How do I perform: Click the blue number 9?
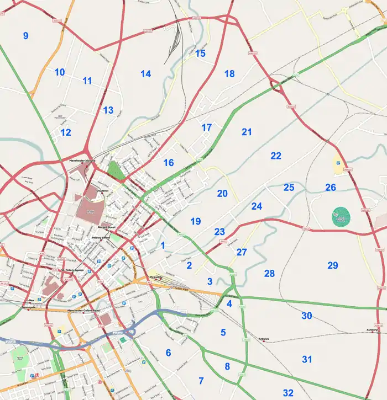(x=25, y=36)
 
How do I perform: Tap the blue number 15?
(x=200, y=54)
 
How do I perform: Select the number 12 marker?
(x=66, y=132)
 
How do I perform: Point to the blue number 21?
(x=247, y=132)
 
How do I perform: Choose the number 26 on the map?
(x=331, y=188)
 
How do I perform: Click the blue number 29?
(x=332, y=265)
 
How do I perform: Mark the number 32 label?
(x=288, y=393)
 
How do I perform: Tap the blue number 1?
(x=163, y=245)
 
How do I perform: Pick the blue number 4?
(x=229, y=303)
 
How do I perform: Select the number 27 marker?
(x=242, y=252)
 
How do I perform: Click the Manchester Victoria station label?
(x=82, y=161)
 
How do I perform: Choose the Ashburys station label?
(x=371, y=330)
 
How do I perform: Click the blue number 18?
(x=229, y=73)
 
